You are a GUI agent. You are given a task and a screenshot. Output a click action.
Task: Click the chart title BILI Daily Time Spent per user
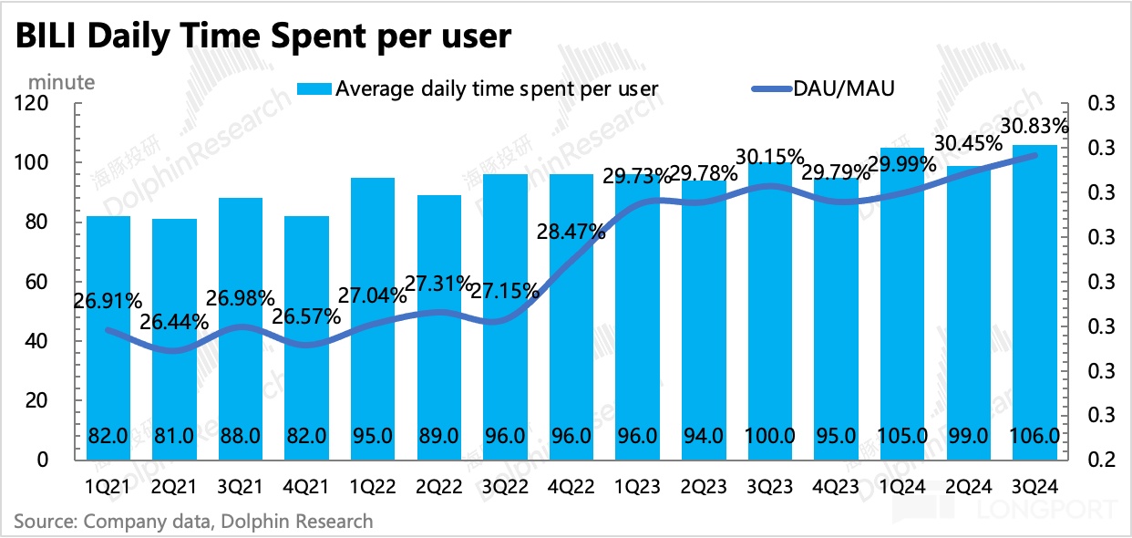pos(262,37)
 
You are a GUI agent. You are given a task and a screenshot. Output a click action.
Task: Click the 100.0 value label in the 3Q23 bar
pos(770,437)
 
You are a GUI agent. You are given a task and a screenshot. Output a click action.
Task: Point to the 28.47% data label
pos(571,232)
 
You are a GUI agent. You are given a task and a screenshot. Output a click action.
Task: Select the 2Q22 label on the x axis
pos(438,488)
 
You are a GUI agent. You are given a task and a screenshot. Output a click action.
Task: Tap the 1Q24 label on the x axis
pos(901,488)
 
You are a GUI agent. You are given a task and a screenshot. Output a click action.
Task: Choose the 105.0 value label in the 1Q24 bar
pos(901,437)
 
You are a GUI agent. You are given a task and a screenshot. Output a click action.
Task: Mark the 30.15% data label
pos(771,157)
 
